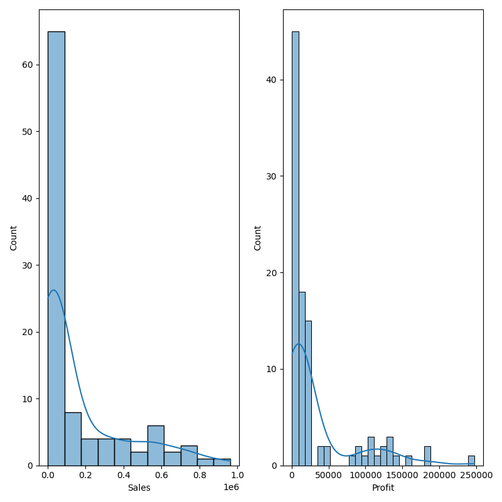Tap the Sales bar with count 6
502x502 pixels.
point(156,445)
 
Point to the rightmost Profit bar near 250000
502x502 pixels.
point(471,461)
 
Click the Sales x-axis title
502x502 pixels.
point(139,488)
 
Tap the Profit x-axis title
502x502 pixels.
point(383,488)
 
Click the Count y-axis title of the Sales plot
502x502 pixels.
point(14,238)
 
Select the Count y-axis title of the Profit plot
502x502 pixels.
point(258,238)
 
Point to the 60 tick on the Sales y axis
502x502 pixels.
point(28,65)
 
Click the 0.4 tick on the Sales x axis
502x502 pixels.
point(124,476)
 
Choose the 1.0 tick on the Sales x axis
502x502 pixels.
point(237,476)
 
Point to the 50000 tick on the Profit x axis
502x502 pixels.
point(328,476)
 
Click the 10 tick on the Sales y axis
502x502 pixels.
point(28,398)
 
